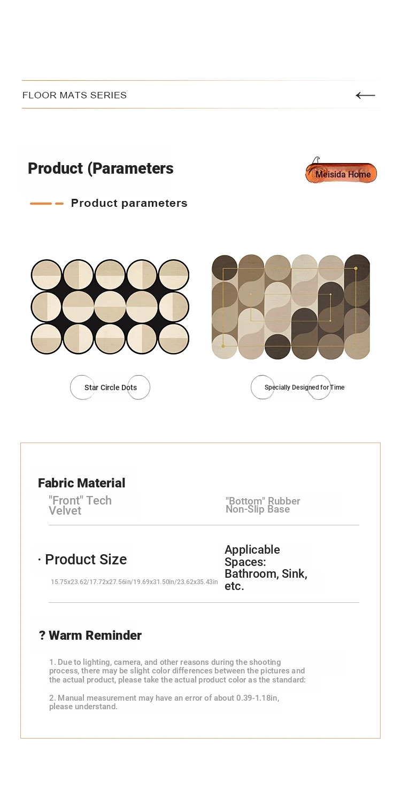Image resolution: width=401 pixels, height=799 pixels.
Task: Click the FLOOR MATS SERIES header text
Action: coord(74,95)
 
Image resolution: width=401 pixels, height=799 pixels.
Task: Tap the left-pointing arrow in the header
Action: coord(365,95)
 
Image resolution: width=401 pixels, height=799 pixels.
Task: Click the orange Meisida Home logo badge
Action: coord(341,173)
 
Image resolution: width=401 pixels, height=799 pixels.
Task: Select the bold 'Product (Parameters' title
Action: coord(101,168)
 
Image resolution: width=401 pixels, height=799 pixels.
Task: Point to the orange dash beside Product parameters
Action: coord(47,204)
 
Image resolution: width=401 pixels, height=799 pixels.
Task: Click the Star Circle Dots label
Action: coord(111,387)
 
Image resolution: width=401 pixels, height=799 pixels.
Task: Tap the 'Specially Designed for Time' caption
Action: coord(304,387)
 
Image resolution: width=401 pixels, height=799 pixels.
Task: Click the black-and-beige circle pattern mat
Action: coord(110,307)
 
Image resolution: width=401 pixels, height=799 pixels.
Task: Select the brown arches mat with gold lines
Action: coord(291,307)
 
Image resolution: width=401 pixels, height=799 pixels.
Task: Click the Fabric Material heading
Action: coord(81,483)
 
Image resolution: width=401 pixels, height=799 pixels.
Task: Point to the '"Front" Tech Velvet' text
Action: coord(80,506)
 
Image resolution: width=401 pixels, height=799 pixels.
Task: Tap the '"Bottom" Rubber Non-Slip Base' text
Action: coord(263,505)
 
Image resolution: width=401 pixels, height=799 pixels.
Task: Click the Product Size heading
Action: coord(86,559)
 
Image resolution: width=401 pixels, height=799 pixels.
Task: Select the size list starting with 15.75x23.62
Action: coord(134,582)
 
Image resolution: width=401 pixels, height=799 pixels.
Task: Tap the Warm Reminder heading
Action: coord(95,635)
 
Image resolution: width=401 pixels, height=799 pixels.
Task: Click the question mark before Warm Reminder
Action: coord(42,635)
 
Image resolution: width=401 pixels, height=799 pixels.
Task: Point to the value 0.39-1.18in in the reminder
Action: coord(258,697)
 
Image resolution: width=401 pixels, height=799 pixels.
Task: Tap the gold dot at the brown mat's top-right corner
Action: coord(356,268)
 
